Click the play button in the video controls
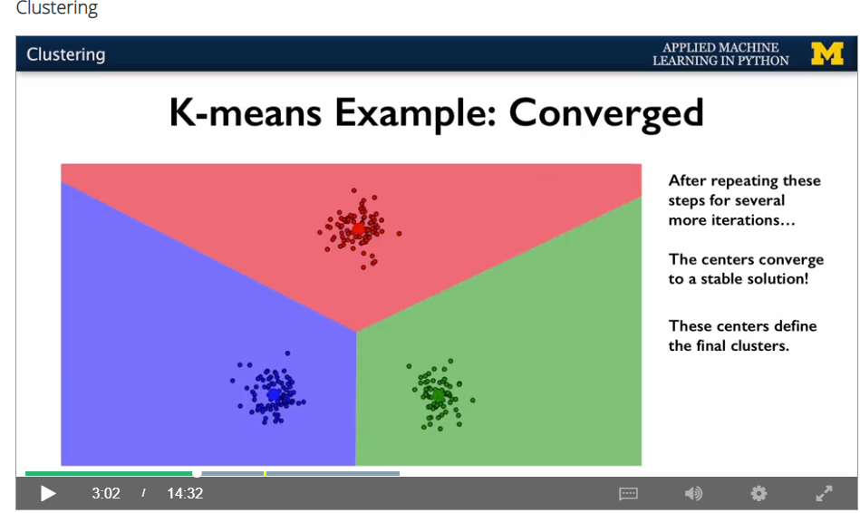[x=48, y=494]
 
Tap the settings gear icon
[x=759, y=494]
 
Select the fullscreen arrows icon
[x=824, y=494]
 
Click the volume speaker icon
[x=693, y=494]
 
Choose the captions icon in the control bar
[x=628, y=494]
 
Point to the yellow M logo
[x=827, y=53]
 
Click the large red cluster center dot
[x=358, y=228]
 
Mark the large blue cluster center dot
[x=274, y=394]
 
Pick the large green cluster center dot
[x=438, y=394]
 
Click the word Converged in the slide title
[x=606, y=113]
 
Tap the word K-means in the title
[x=246, y=112]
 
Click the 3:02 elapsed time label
[x=106, y=494]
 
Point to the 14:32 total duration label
[x=185, y=494]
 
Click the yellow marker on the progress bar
[x=265, y=473]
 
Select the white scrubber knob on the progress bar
[x=197, y=473]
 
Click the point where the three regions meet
[x=356, y=332]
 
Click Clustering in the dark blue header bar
[x=66, y=54]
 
